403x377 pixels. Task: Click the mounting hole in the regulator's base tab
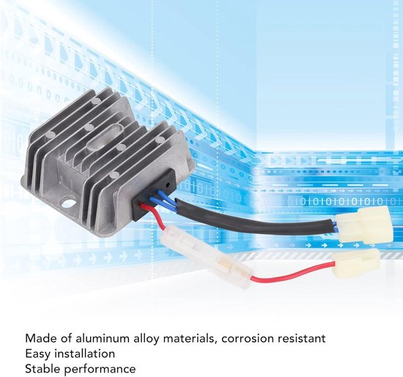pyautogui.click(x=68, y=202)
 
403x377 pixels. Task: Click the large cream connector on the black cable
pyautogui.click(x=365, y=225)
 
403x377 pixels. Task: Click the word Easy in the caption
pyautogui.click(x=38, y=354)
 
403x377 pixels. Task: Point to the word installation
pyautogui.click(x=85, y=354)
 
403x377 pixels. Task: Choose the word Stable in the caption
pyautogui.click(x=42, y=369)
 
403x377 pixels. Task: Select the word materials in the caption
pyautogui.click(x=190, y=339)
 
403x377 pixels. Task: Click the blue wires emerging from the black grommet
pyautogui.click(x=165, y=198)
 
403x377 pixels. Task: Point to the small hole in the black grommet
pyautogui.click(x=168, y=185)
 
